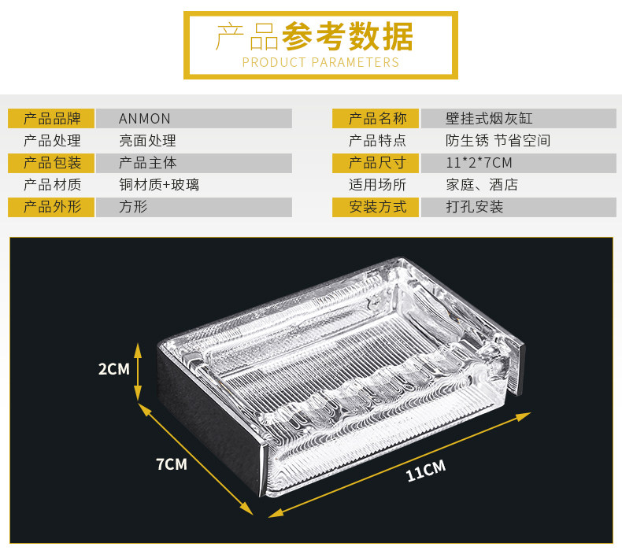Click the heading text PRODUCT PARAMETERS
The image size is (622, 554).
[320, 62]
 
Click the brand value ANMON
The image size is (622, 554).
[145, 119]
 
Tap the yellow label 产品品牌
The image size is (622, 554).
[52, 119]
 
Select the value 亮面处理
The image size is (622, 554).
[147, 141]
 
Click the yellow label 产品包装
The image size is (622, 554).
[52, 163]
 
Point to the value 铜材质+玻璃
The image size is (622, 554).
[158, 185]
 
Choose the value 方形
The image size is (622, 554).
[133, 207]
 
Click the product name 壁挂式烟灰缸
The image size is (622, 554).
[489, 119]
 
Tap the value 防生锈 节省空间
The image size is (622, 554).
[498, 141]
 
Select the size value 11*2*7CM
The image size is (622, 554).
[479, 163]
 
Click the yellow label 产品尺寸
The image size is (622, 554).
[377, 163]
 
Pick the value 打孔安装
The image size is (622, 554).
[474, 207]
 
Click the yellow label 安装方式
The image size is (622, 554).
[377, 207]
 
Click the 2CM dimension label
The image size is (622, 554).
[113, 368]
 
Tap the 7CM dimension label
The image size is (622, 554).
[171, 464]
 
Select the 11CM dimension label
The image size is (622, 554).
[425, 471]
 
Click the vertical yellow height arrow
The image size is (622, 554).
[139, 371]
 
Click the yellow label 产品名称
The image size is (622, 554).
[377, 119]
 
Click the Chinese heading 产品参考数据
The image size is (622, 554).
[315, 36]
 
